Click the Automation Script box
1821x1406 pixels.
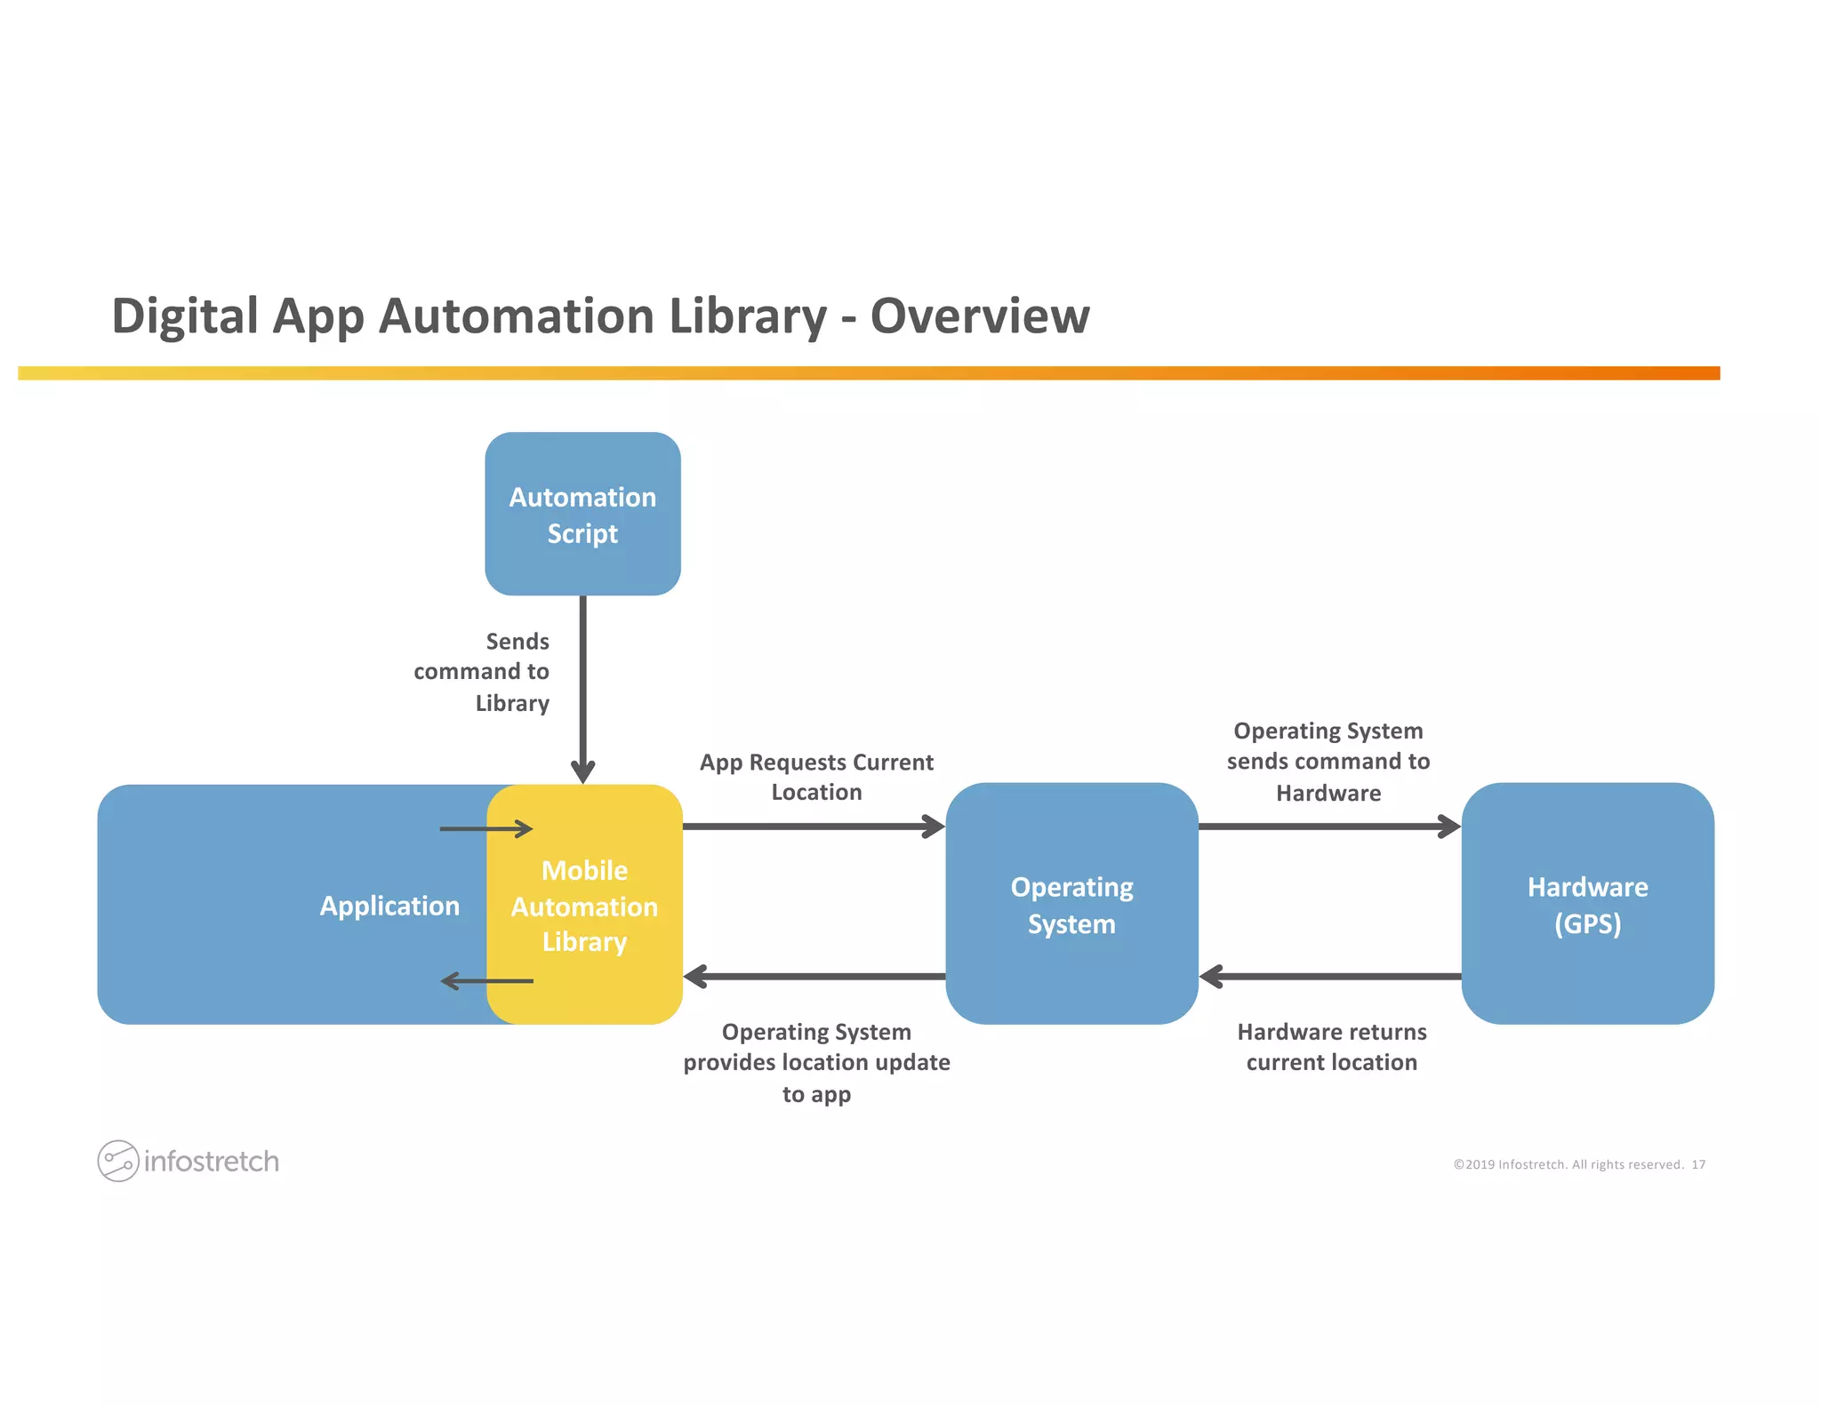tap(582, 514)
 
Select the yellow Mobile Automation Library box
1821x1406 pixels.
tap(584, 905)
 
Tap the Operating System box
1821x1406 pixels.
tap(1071, 904)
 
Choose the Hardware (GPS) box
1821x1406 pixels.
tap(1587, 904)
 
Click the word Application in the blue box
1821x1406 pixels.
tap(389, 906)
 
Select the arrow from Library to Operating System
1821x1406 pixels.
tap(814, 827)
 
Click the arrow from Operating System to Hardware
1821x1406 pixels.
tap(1329, 827)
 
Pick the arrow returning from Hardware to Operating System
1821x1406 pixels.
tap(1329, 977)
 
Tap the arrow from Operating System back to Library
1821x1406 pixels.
tap(814, 977)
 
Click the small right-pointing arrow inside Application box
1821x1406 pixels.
tap(485, 829)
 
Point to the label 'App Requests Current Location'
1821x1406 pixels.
tap(816, 777)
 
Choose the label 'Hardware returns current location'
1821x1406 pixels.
tap(1331, 1047)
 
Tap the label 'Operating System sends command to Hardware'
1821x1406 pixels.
tap(1328, 762)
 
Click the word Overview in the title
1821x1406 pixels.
tap(979, 316)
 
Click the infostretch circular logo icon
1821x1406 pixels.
tap(117, 1161)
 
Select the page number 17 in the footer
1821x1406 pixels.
tap(1698, 1164)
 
